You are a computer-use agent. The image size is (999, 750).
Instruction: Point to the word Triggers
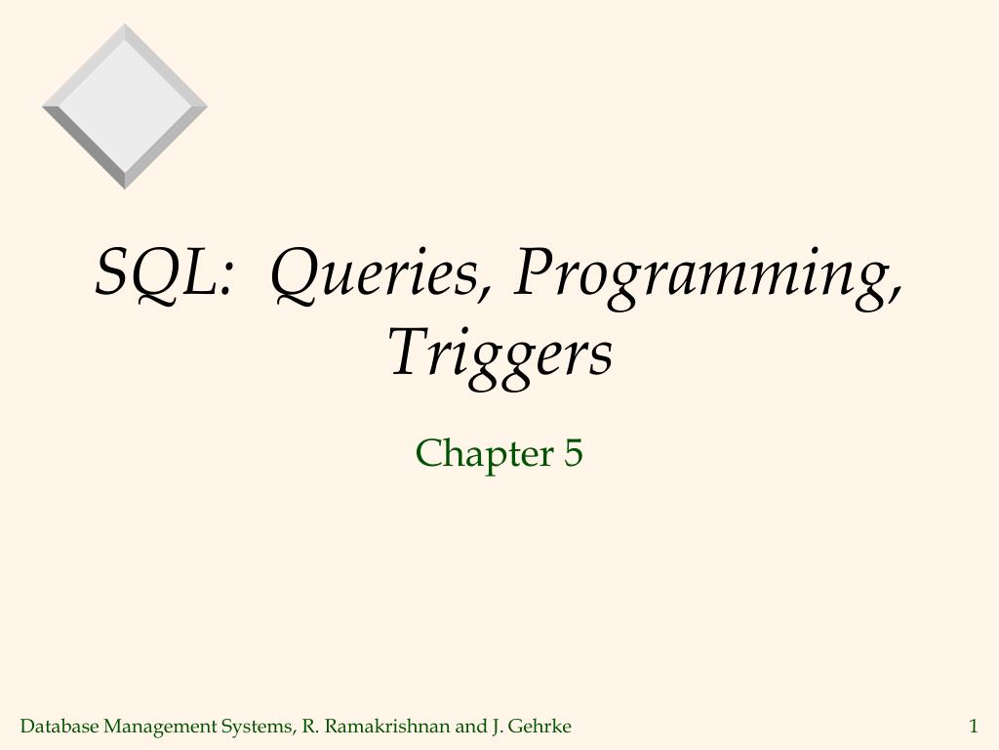pos(500,354)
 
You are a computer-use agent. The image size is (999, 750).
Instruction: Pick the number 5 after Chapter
pos(573,453)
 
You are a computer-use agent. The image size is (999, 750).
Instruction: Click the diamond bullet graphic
pos(125,106)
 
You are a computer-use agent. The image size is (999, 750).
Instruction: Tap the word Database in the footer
pos(60,726)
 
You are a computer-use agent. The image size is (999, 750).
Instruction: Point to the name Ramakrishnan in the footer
pos(387,726)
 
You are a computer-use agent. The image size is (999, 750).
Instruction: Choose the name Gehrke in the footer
pos(539,726)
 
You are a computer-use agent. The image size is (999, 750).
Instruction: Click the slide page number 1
pos(973,726)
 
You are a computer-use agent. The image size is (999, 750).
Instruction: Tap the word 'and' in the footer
pos(470,726)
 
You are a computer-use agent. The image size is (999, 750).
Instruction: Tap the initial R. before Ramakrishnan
pos(310,726)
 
